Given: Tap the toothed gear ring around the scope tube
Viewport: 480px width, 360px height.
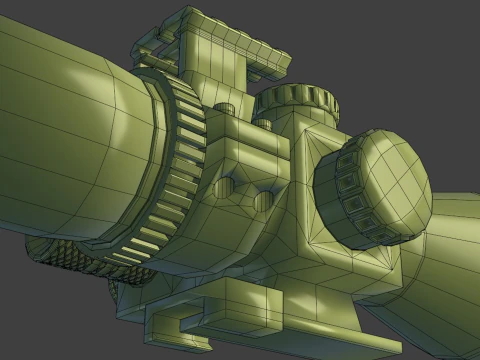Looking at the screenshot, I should (178, 170).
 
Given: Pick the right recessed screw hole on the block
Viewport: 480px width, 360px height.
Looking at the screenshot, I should (264, 193).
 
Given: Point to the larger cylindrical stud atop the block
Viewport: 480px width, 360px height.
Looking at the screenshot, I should (227, 112).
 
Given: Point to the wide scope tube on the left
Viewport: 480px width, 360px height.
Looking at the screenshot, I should (60, 130).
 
